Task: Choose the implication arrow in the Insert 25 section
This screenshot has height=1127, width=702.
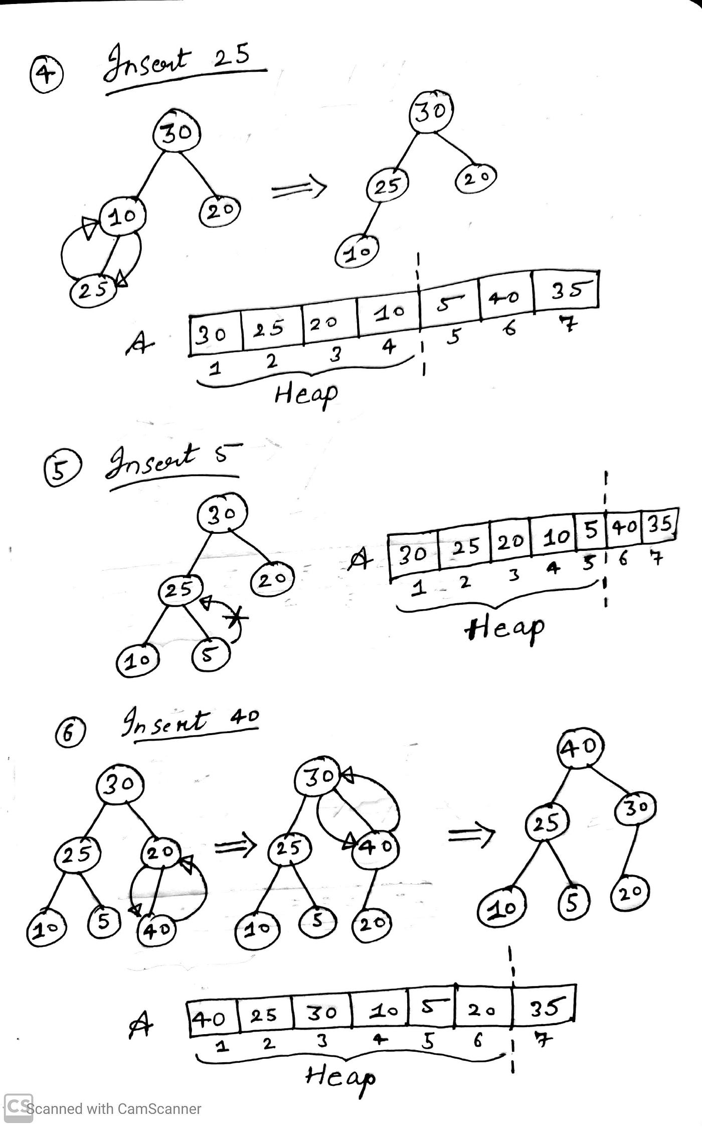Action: point(299,189)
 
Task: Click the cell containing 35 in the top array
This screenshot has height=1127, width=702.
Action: point(566,290)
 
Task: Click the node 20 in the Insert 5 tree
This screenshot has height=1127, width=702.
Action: point(272,580)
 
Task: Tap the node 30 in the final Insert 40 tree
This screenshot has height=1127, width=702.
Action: point(634,808)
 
